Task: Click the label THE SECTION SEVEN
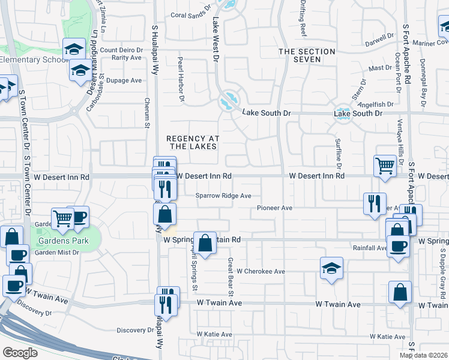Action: tap(307, 56)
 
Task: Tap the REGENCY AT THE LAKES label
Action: tap(193, 142)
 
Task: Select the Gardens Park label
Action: tap(64, 241)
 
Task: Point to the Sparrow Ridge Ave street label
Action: tap(223, 196)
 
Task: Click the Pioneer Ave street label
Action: tap(274, 208)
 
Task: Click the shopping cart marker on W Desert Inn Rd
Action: tap(385, 166)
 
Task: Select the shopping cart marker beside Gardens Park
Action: tap(62, 218)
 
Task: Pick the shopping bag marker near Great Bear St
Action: tap(205, 243)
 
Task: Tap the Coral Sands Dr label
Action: tap(191, 16)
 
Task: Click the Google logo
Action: tap(20, 353)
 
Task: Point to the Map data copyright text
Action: tap(423, 355)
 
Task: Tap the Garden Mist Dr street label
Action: tap(56, 253)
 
